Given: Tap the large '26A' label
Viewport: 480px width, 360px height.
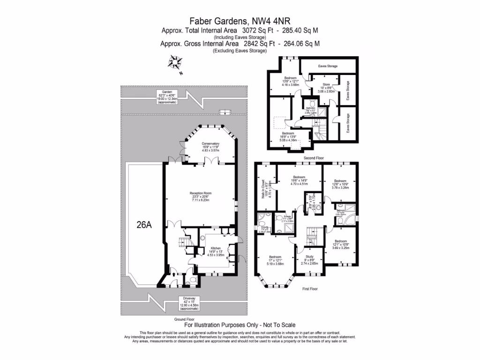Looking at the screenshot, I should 143,225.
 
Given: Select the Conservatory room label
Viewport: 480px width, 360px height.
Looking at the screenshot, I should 210,148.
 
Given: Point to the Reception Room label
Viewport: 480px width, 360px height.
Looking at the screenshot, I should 201,196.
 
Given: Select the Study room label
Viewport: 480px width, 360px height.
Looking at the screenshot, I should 309,259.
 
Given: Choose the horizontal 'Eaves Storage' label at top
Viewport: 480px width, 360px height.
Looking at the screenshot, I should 328,66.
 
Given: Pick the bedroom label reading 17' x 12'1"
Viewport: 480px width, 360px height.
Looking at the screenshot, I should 275,261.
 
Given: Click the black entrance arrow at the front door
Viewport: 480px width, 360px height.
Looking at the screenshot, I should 174,274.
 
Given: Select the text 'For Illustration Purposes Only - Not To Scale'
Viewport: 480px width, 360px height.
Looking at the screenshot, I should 240,325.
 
